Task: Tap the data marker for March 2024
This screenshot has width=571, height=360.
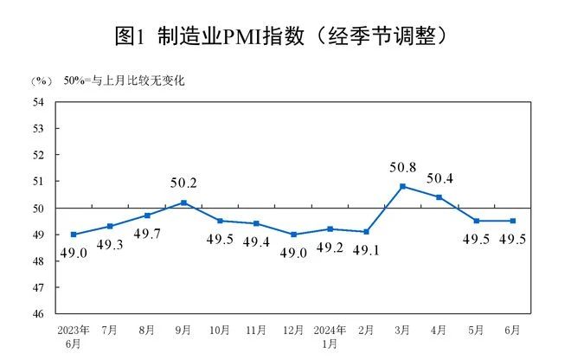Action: (403, 186)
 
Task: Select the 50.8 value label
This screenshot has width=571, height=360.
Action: (403, 167)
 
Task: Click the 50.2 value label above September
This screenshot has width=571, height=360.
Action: (183, 183)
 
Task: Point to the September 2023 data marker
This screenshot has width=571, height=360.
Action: (183, 202)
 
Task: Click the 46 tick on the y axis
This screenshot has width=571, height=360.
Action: (39, 314)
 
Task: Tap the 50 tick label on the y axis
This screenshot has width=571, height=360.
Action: (39, 209)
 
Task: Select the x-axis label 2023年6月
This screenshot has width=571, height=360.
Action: (74, 337)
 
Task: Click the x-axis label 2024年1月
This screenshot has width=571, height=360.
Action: (330, 337)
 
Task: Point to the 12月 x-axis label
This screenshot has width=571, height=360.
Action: (293, 331)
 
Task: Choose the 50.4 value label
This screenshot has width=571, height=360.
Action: (440, 179)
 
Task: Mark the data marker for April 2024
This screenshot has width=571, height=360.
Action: (439, 197)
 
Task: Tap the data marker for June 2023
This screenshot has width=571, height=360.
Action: (74, 235)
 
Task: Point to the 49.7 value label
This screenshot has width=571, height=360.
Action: (148, 235)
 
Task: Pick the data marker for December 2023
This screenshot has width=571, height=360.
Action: (293, 235)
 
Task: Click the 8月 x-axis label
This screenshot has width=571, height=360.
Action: (146, 331)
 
